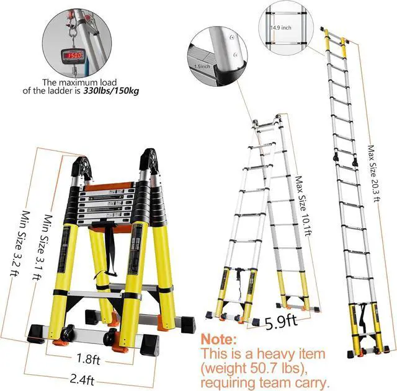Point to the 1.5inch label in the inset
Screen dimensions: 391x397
point(203,65)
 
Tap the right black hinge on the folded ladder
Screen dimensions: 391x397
point(149,164)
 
